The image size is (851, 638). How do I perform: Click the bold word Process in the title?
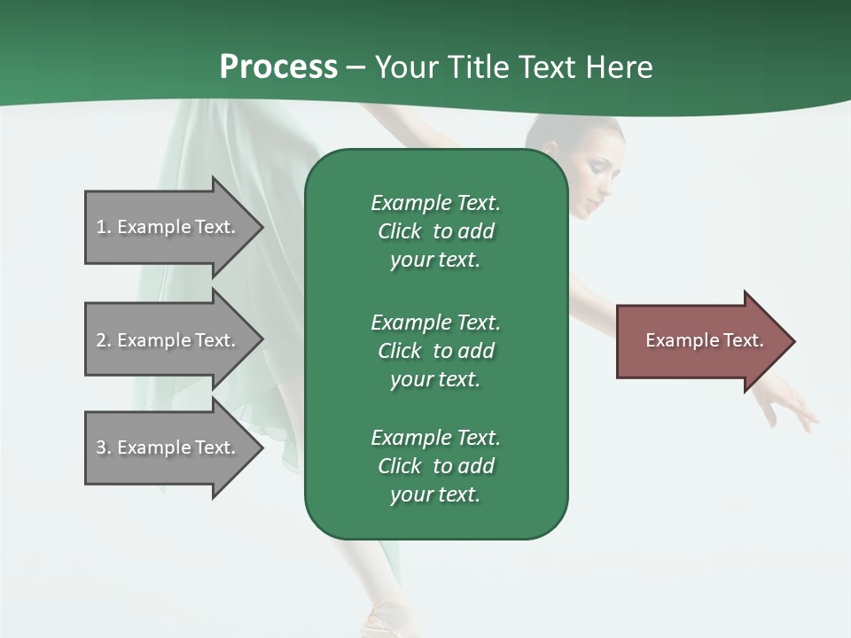pos(278,67)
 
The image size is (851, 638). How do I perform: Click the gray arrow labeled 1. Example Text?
pos(168,227)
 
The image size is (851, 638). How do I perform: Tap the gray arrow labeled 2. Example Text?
pos(168,339)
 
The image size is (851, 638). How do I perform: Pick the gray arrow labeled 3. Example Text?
pos(168,447)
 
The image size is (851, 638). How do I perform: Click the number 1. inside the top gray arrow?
pos(103,227)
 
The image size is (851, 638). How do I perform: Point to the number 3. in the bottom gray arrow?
pos(103,447)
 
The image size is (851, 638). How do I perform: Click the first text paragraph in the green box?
pos(435,231)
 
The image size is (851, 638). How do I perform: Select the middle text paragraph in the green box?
pos(435,351)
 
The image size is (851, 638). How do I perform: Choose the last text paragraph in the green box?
pos(435,466)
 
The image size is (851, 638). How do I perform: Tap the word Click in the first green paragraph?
pos(400,231)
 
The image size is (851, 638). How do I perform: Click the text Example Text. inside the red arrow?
pos(704,340)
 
